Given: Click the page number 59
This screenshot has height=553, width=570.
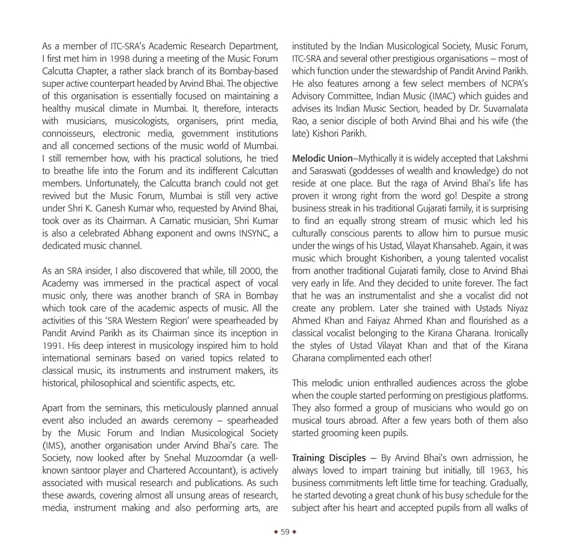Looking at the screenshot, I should [x=285, y=531].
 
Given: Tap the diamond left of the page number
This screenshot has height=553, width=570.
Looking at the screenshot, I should [x=276, y=531].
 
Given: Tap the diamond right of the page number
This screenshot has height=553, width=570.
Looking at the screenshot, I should [x=294, y=531].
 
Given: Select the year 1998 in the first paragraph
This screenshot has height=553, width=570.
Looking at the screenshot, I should [x=121, y=58].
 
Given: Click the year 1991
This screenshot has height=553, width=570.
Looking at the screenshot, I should [x=52, y=345].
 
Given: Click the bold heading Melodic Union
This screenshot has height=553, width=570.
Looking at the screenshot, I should [x=322, y=159].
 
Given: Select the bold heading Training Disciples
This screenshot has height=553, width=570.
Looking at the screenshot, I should [x=329, y=458].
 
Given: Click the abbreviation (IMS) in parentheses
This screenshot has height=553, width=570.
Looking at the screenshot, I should [x=53, y=445].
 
